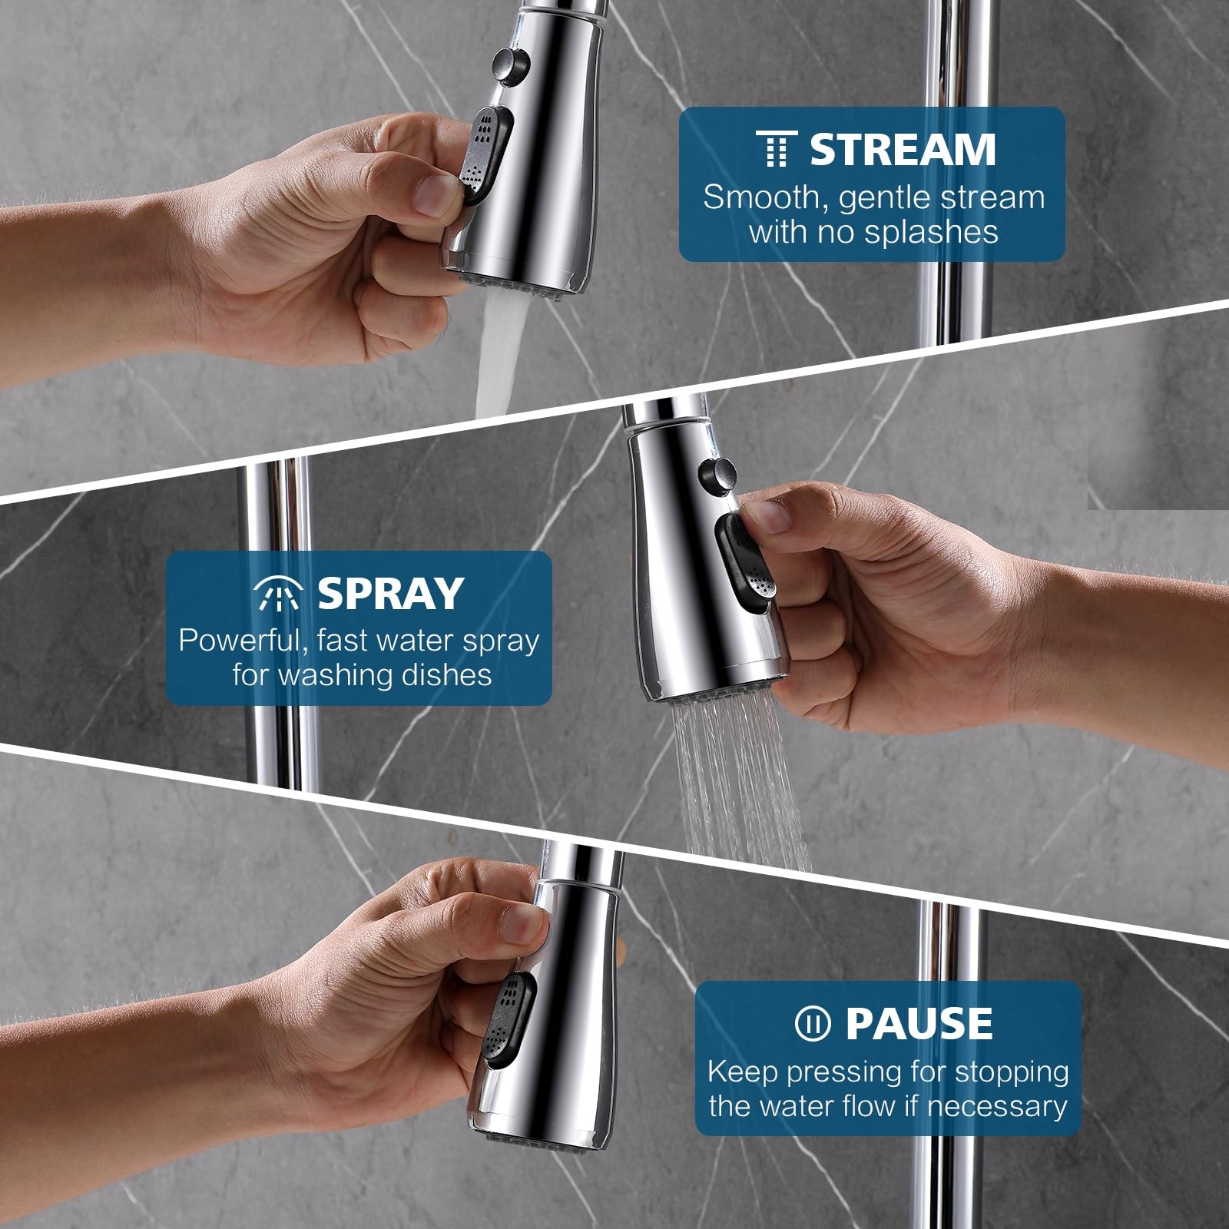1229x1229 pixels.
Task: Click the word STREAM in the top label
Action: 903,149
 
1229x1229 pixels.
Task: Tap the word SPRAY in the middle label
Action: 390,592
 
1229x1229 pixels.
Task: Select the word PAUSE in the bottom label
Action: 919,1022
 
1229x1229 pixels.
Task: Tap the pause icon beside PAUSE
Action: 813,1023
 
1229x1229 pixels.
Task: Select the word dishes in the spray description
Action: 446,674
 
